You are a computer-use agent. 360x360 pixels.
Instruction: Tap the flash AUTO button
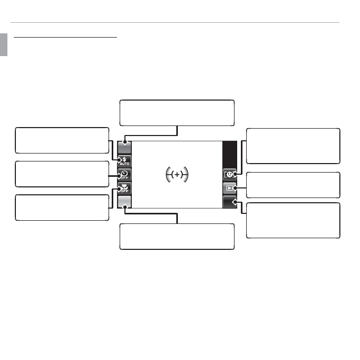pyautogui.click(x=124, y=161)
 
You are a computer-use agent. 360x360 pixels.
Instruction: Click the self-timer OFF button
pyautogui.click(x=124, y=175)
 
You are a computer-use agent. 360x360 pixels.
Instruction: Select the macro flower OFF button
pyautogui.click(x=124, y=188)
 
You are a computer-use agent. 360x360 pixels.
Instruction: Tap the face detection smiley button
pyautogui.click(x=230, y=175)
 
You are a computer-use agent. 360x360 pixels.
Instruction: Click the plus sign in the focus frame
pyautogui.click(x=177, y=175)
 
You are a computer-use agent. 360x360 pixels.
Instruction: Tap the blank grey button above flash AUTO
pyautogui.click(x=124, y=147)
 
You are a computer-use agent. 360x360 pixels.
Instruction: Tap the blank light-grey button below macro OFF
pyautogui.click(x=124, y=202)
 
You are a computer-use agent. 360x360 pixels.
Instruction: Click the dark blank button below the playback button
pyautogui.click(x=230, y=202)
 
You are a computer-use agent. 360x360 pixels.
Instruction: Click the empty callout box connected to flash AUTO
pyautogui.click(x=62, y=140)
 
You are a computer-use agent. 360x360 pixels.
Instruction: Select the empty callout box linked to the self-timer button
pyautogui.click(x=62, y=174)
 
